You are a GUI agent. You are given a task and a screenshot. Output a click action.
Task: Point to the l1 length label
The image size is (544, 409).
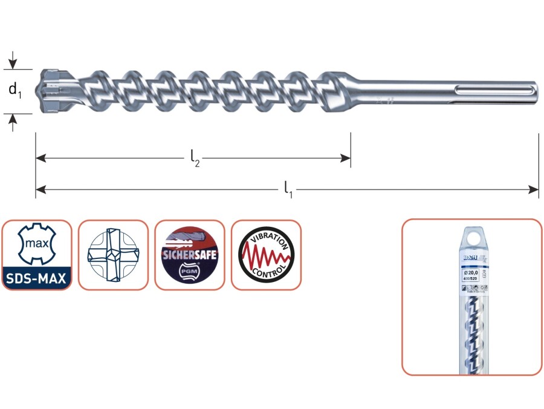(x=288, y=190)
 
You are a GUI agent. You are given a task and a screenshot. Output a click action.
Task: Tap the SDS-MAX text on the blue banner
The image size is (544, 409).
(x=36, y=279)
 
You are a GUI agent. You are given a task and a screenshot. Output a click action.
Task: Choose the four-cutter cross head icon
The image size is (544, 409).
(x=113, y=254)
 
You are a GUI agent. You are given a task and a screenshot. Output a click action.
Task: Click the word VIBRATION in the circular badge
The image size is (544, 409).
(x=266, y=237)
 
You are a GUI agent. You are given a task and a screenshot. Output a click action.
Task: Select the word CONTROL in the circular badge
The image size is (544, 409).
(x=265, y=276)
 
